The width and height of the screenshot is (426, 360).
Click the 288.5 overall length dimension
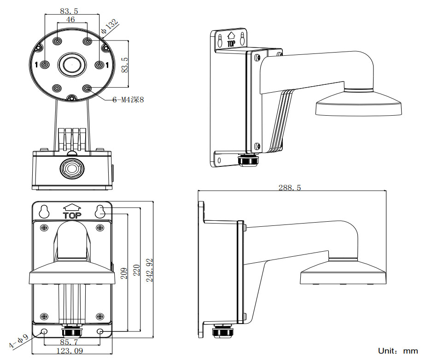pos(290,188)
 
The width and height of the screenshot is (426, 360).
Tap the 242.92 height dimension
pos(149,270)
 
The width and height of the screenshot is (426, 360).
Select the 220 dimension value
pos(136,270)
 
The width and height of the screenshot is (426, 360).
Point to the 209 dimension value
pos(124,273)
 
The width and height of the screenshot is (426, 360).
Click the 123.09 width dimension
pos(70,351)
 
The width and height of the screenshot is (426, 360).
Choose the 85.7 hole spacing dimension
pos(69,342)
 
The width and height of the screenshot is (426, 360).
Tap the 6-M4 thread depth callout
pos(128,100)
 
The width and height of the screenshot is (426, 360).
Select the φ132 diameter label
pos(110,26)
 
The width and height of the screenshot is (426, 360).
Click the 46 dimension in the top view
pos(70,19)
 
